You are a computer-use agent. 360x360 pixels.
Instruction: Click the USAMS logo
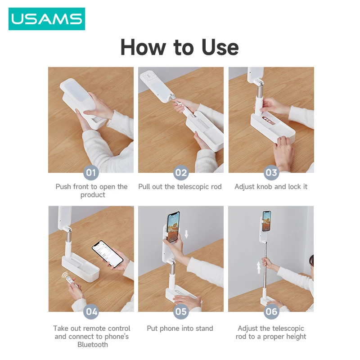click(x=47, y=19)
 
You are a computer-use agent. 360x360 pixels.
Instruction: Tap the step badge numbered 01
click(x=91, y=172)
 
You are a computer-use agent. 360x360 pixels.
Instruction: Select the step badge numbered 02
click(x=181, y=172)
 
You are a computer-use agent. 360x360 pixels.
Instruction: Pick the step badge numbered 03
click(x=271, y=172)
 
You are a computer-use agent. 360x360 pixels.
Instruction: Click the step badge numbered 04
click(x=91, y=311)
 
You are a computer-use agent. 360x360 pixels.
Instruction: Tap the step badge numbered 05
click(x=181, y=311)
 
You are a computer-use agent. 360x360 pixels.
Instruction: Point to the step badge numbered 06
click(x=271, y=311)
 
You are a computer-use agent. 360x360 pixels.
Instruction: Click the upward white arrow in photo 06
click(x=259, y=269)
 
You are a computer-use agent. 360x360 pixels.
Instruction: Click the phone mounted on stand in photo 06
click(x=266, y=221)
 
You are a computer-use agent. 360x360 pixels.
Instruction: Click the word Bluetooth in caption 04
click(x=93, y=345)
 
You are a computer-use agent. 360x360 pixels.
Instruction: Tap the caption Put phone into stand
click(x=180, y=328)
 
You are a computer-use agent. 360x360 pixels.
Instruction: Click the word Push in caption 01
click(x=63, y=186)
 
